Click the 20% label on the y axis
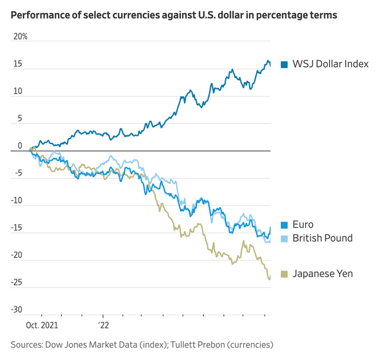[21, 36]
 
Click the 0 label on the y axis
[19, 146]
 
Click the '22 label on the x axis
[103, 324]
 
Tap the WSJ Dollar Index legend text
[330, 64]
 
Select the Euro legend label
[303, 224]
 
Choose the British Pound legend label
[323, 238]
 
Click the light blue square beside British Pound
[284, 238]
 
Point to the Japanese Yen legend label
[323, 274]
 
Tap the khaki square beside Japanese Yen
[284, 274]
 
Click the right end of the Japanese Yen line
[270, 278]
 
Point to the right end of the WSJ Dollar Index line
[270, 65]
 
